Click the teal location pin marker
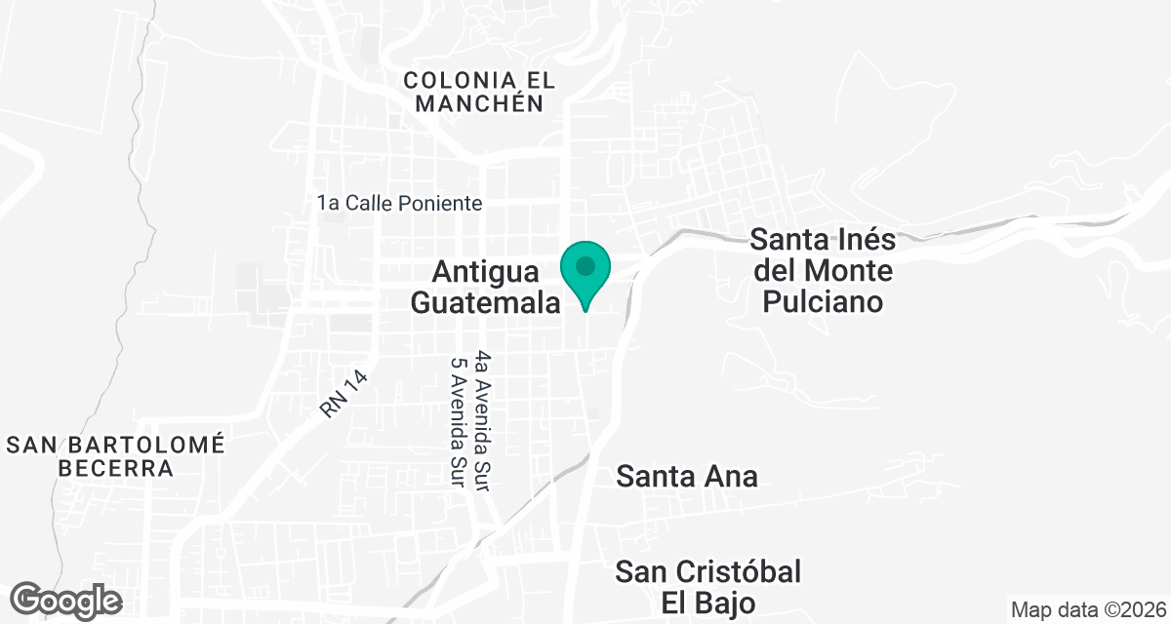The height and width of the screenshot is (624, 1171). tap(585, 273)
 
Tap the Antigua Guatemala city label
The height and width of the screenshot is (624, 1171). tap(485, 287)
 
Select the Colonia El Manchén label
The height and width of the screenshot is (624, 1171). tap(472, 91)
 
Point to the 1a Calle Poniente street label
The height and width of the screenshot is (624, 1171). tap(400, 204)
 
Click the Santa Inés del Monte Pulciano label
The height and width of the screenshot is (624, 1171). tap(822, 270)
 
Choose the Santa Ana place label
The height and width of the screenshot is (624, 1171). tap(687, 477)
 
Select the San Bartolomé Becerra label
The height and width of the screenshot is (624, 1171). tap(115, 456)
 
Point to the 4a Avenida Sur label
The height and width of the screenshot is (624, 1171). tap(480, 421)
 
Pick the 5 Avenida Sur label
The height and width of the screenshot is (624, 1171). tap(456, 425)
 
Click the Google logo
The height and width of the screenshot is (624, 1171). tap(66, 600)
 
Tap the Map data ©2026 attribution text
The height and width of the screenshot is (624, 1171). tap(1087, 610)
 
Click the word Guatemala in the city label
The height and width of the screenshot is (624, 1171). tap(485, 302)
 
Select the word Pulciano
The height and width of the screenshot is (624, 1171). tap(822, 301)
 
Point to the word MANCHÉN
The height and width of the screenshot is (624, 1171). tap(479, 103)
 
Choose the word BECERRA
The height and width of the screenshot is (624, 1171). tap(115, 469)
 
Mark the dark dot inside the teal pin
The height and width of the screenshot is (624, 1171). tap(585, 265)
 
